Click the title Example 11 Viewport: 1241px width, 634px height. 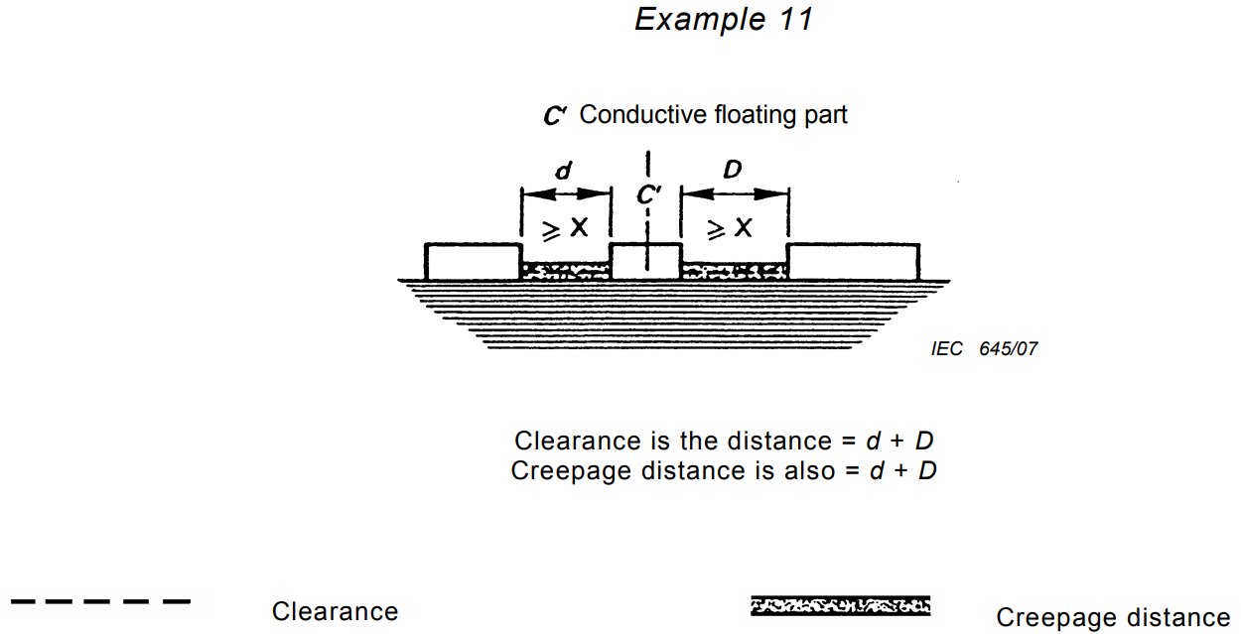tap(724, 19)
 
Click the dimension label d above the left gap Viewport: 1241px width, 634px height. tap(563, 171)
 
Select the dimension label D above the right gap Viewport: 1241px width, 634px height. tap(732, 170)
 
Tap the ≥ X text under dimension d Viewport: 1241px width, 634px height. tap(565, 228)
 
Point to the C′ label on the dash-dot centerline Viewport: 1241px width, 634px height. tap(648, 195)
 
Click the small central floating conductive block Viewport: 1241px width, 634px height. tap(645, 261)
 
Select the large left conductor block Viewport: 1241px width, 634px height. tap(473, 261)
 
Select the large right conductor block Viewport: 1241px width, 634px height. tap(853, 261)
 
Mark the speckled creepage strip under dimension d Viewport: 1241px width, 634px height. tap(565, 271)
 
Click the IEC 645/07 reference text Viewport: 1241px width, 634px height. tap(984, 349)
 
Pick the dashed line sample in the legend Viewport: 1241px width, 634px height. tap(99, 601)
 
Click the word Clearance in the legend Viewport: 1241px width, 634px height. tap(335, 612)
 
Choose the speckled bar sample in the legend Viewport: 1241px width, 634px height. tap(840, 605)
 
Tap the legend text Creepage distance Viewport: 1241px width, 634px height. tap(1113, 617)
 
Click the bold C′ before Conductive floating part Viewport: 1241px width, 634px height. tap(554, 116)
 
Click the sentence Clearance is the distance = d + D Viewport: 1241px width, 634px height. tap(724, 441)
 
